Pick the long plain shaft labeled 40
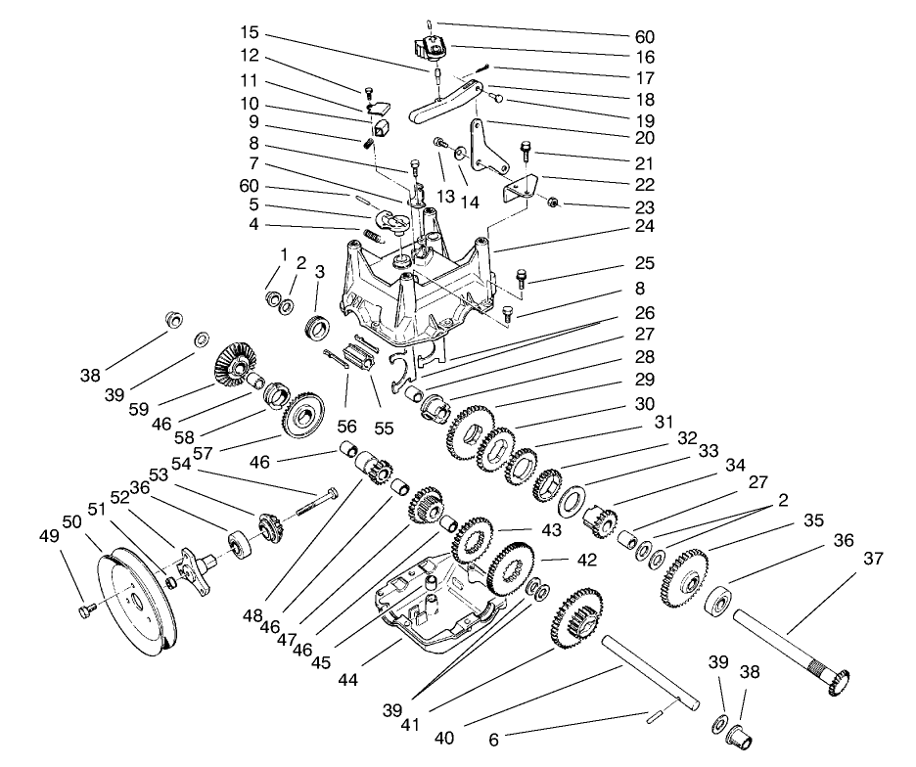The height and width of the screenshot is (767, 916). coord(651,670)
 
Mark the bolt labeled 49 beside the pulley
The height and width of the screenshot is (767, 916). coord(82,610)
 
